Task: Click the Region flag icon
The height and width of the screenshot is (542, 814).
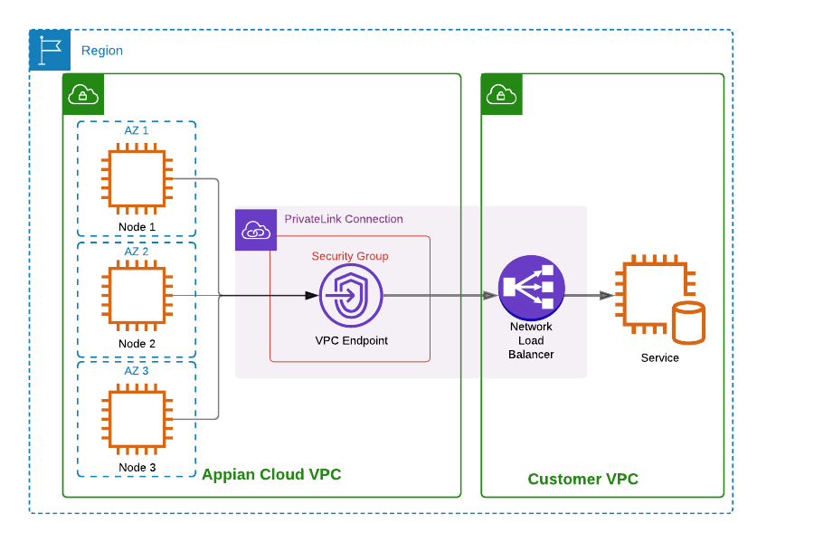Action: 50,50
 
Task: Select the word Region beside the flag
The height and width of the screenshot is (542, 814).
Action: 102,51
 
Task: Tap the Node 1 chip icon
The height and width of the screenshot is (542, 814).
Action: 137,179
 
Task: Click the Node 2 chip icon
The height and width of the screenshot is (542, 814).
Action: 137,296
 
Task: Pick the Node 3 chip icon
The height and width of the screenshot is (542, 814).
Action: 137,419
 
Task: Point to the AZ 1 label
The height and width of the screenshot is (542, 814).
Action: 137,130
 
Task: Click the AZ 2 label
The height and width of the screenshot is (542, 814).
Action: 137,251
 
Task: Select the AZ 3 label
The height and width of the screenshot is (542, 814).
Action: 137,371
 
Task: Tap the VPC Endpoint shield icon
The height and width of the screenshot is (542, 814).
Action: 351,296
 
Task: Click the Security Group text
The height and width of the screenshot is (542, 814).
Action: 350,256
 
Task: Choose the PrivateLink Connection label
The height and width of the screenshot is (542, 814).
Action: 344,219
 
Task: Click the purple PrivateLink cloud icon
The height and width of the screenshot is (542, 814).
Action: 256,230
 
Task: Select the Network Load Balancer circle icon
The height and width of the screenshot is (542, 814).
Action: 532,287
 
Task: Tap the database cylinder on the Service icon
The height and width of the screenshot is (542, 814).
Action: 688,324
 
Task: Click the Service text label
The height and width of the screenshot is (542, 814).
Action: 659,358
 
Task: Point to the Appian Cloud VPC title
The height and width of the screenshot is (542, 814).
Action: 271,475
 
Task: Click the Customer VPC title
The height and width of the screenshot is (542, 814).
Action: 582,480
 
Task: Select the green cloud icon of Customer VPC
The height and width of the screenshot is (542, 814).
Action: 501,94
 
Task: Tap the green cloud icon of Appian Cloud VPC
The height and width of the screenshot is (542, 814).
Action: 83,94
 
